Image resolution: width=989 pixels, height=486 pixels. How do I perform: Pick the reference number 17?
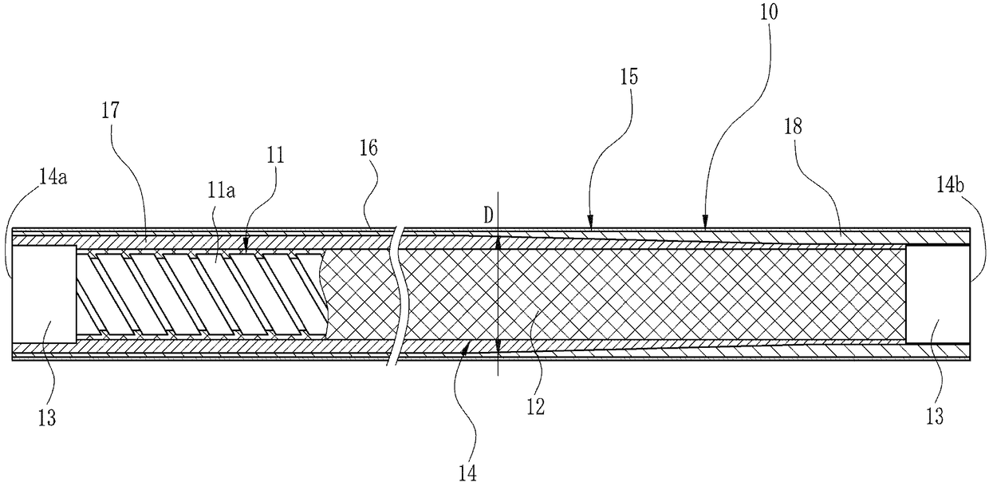click(x=111, y=111)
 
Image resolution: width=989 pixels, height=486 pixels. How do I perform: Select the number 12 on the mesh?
click(x=535, y=406)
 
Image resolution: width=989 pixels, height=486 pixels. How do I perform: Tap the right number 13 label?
click(x=935, y=416)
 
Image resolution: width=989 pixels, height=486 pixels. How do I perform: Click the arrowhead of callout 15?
click(x=589, y=226)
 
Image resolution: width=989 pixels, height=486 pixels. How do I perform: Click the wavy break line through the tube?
click(x=396, y=295)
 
